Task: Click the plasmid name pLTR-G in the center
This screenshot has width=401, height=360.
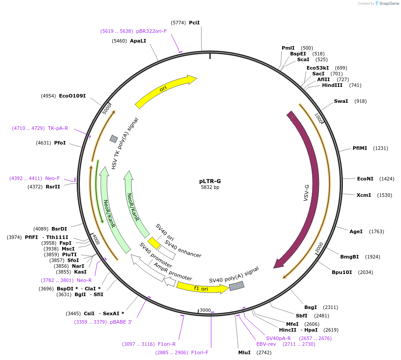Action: pyautogui.click(x=210, y=181)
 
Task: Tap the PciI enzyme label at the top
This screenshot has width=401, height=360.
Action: pyautogui.click(x=194, y=23)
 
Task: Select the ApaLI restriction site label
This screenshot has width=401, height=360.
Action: pyautogui.click(x=138, y=41)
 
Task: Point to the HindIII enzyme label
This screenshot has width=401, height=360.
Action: pyautogui.click(x=332, y=85)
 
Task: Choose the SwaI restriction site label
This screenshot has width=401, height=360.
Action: pyautogui.click(x=341, y=101)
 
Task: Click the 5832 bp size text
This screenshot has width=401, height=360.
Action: pyautogui.click(x=210, y=187)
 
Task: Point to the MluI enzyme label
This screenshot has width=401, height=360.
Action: pyautogui.click(x=244, y=352)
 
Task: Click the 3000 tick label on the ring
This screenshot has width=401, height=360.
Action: pyautogui.click(x=205, y=310)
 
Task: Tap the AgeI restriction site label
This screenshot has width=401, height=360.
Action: pyautogui.click(x=356, y=231)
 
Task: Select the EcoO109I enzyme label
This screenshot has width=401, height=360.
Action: pyautogui.click(x=72, y=96)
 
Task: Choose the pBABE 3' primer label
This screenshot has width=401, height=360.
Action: pyautogui.click(x=121, y=322)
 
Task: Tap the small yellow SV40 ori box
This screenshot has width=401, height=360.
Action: pyautogui.click(x=154, y=243)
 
